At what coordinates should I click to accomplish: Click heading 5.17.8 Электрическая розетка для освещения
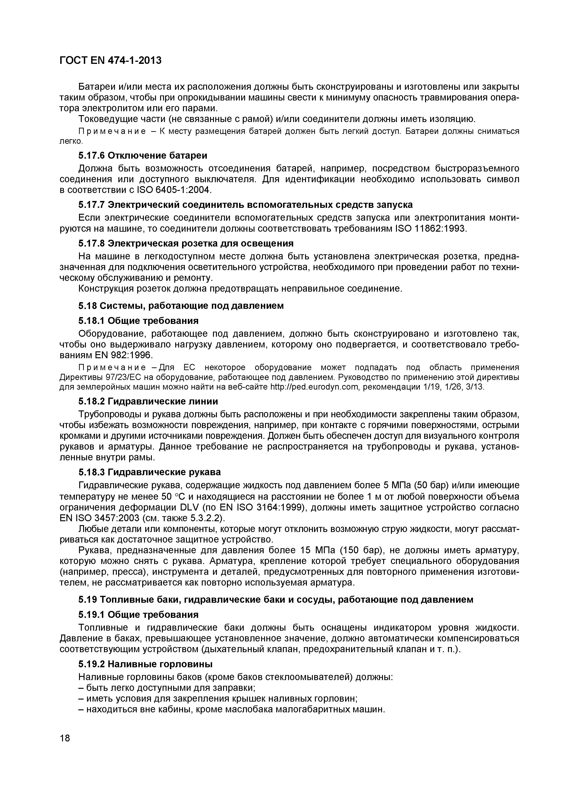pos(186,243)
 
